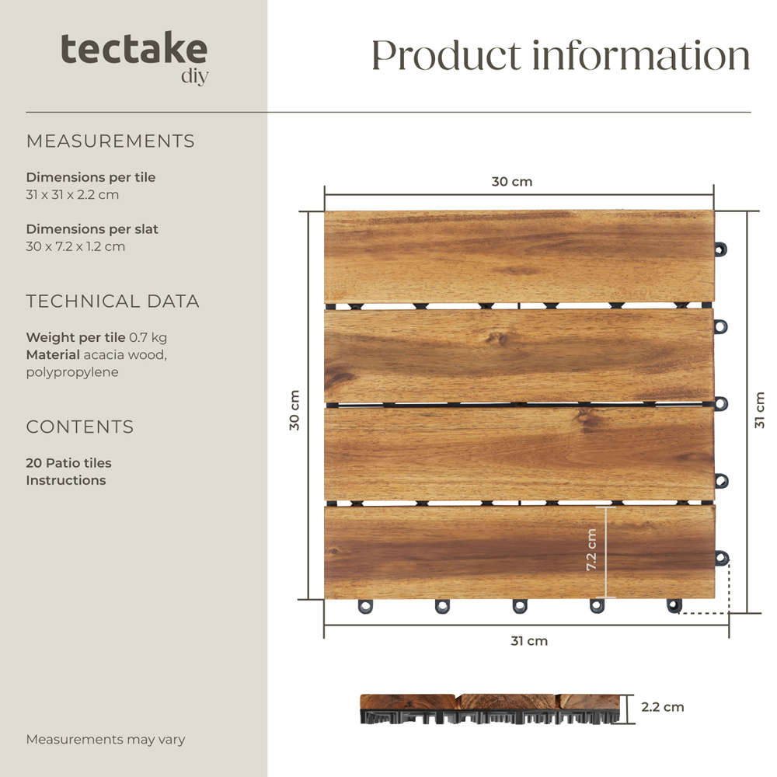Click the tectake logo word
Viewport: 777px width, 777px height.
pyautogui.click(x=134, y=49)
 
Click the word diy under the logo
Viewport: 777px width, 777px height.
pyautogui.click(x=194, y=76)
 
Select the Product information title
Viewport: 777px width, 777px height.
pyautogui.click(x=560, y=55)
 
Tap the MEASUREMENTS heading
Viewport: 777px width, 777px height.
pyautogui.click(x=110, y=141)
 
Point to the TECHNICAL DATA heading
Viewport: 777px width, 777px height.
pyautogui.click(x=113, y=301)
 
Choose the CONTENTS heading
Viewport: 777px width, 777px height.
pyautogui.click(x=80, y=427)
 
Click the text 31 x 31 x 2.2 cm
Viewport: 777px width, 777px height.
pyautogui.click(x=72, y=194)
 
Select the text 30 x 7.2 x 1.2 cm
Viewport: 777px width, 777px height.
pyautogui.click(x=75, y=246)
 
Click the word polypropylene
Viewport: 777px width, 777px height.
pyautogui.click(x=72, y=372)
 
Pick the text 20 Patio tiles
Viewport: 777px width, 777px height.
pyautogui.click(x=68, y=463)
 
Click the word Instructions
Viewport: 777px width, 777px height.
pyautogui.click(x=66, y=480)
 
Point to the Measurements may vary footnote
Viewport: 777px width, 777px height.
pyautogui.click(x=106, y=740)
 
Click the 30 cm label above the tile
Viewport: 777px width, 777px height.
pyautogui.click(x=512, y=182)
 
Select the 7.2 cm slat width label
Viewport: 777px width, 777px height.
pyautogui.click(x=591, y=550)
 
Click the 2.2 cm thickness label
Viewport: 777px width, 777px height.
pyautogui.click(x=663, y=707)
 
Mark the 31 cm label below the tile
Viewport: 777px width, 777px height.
pyautogui.click(x=529, y=641)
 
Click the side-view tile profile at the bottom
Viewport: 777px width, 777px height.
pyautogui.click(x=493, y=708)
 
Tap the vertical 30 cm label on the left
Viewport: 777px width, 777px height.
pyautogui.click(x=294, y=410)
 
